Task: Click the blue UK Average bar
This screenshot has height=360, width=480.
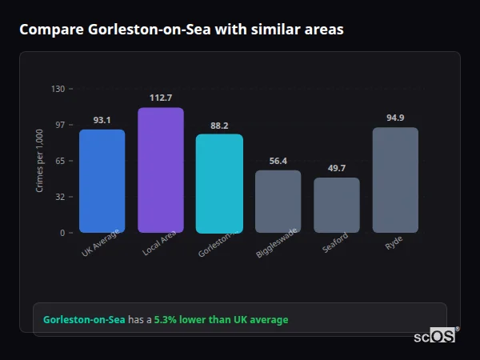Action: (x=102, y=181)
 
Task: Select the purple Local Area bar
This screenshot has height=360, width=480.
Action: (x=161, y=170)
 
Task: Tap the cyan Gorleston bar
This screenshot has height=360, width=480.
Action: (x=219, y=183)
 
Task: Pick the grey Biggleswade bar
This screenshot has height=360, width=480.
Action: (x=278, y=202)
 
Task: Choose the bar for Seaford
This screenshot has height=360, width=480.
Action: (x=337, y=205)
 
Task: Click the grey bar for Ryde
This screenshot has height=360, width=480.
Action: (x=395, y=180)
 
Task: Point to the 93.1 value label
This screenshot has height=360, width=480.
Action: (x=102, y=120)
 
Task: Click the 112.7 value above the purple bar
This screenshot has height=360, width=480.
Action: (x=161, y=98)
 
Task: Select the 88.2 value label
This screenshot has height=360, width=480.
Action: (x=219, y=126)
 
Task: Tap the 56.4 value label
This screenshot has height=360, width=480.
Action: (x=278, y=161)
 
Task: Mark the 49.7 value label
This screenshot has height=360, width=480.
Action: (x=337, y=168)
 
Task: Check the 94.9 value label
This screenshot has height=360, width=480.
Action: (x=395, y=118)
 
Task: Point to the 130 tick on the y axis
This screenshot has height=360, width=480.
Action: (x=58, y=89)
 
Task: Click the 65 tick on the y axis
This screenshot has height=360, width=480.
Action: (x=60, y=161)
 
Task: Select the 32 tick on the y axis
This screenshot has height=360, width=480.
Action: (x=60, y=197)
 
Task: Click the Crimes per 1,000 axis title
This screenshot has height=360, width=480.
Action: (x=40, y=161)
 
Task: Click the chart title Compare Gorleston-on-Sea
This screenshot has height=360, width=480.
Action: (x=182, y=30)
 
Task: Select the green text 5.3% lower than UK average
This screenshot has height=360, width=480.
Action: (x=221, y=320)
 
